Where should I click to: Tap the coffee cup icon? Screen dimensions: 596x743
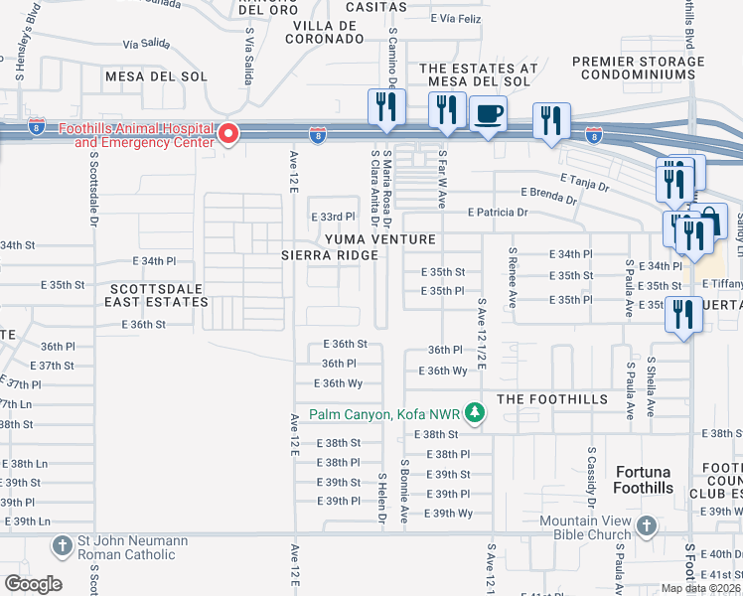tap(487, 113)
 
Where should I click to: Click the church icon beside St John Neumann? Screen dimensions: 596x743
tap(63, 546)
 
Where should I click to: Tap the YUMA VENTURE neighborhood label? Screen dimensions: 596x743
tap(377, 239)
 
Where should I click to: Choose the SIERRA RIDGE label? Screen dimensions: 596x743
tap(330, 255)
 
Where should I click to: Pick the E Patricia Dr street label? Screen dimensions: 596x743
tap(499, 213)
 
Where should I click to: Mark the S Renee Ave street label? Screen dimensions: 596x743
tap(512, 265)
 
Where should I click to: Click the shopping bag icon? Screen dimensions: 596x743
tap(712, 220)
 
